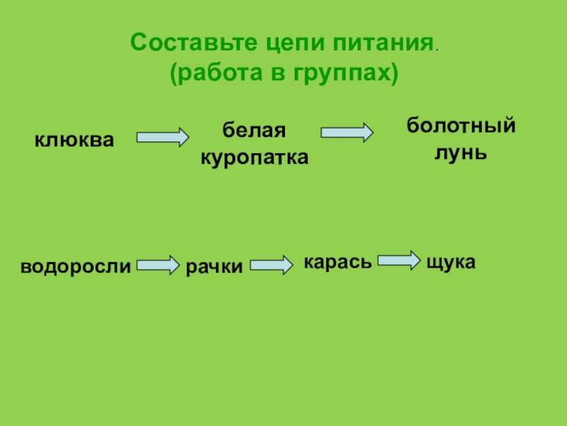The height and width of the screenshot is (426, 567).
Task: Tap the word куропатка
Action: (x=254, y=158)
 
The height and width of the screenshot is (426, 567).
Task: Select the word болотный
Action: (x=460, y=126)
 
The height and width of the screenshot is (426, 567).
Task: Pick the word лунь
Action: (x=461, y=152)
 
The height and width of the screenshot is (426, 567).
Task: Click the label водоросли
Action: (x=76, y=268)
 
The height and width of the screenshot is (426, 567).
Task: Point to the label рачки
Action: (x=214, y=268)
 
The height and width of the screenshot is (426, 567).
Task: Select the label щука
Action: (x=451, y=262)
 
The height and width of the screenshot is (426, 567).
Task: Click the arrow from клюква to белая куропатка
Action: (x=162, y=136)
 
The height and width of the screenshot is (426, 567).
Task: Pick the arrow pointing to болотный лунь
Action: (x=347, y=132)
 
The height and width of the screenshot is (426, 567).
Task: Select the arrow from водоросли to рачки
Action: (x=158, y=266)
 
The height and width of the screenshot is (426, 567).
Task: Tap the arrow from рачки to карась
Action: (x=271, y=265)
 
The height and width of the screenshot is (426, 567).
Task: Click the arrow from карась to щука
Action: (x=398, y=260)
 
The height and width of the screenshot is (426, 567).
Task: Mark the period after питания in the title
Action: (x=436, y=49)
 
